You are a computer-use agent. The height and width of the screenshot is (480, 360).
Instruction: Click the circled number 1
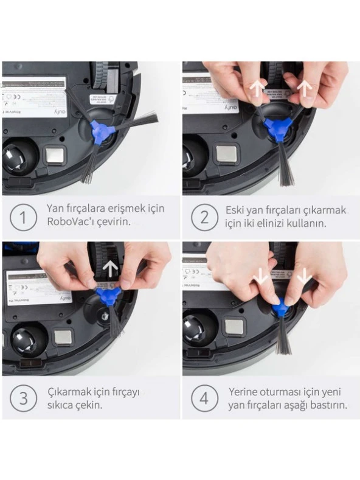[23, 217]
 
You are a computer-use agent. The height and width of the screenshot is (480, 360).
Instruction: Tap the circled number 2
[202, 217]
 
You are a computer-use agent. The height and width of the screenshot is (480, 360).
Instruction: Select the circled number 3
[23, 398]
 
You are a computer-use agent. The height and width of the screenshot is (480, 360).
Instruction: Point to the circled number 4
[202, 398]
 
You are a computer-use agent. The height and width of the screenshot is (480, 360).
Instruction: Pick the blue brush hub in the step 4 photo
[281, 308]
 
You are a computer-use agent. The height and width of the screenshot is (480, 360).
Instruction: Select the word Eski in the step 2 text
[236, 210]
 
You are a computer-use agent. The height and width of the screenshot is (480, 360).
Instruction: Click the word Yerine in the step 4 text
[244, 392]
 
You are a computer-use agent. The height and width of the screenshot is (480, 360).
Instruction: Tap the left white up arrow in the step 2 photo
[258, 88]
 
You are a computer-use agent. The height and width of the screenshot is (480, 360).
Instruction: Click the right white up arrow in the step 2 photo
[305, 89]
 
